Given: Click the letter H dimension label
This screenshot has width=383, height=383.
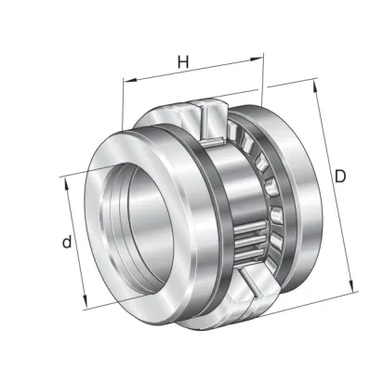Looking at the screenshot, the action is [x=183, y=61].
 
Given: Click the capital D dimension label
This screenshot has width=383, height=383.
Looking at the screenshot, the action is [x=340, y=177].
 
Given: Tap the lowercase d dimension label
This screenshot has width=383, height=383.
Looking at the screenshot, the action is [x=67, y=242].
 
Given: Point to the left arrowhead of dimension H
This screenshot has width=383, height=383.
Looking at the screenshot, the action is [x=130, y=81].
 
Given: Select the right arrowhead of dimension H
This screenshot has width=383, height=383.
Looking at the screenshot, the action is [x=257, y=59].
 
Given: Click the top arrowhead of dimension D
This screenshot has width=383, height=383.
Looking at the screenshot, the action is [x=315, y=86].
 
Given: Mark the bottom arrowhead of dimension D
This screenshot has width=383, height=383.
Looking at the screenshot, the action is [x=351, y=285].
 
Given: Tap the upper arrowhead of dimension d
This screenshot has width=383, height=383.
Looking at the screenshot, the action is [x=66, y=184].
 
